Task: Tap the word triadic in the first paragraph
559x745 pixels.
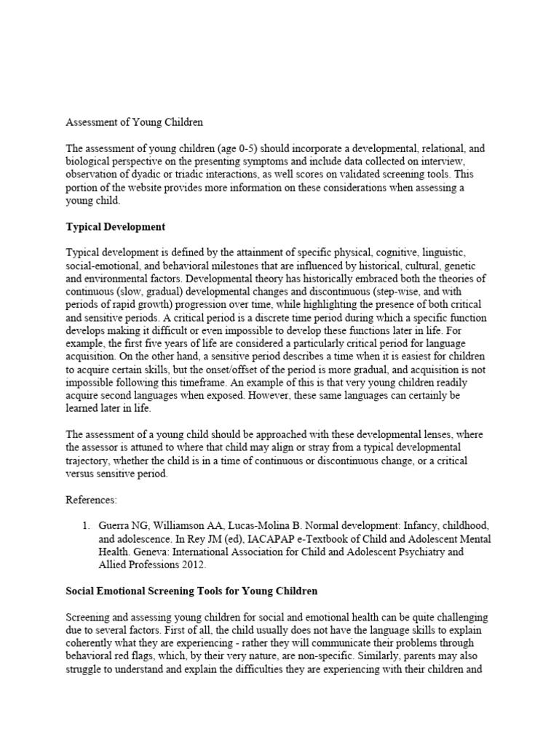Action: point(188,175)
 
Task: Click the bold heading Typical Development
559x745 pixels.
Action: point(116,227)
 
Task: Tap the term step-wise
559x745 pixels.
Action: point(416,292)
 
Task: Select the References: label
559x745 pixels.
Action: point(92,500)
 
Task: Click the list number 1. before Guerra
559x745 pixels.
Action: point(86,526)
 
